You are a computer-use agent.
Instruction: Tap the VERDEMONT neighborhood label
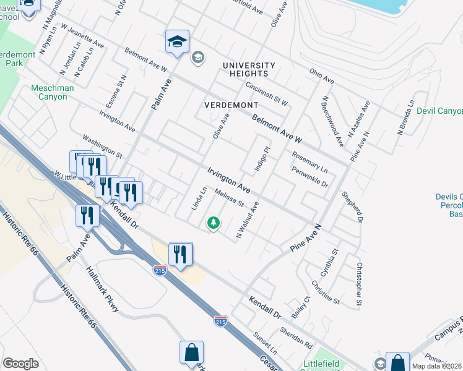click(231, 104)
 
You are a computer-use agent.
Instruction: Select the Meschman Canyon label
click(53, 93)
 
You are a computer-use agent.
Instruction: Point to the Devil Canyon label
click(439, 111)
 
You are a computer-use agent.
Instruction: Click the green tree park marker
click(214, 222)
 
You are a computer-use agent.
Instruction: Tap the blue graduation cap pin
click(177, 43)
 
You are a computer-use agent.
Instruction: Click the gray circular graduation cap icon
click(197, 58)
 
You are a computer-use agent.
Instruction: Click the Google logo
click(20, 364)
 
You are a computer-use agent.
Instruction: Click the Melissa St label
click(230, 198)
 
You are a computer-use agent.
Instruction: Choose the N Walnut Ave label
click(247, 220)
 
